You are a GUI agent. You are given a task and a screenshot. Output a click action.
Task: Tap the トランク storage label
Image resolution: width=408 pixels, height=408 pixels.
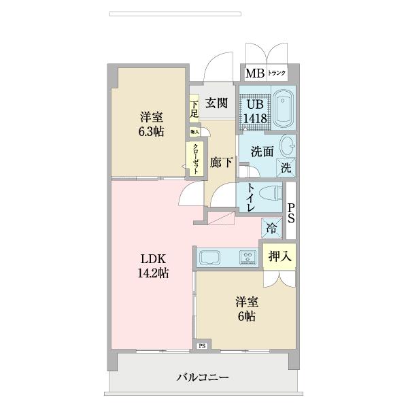(x=277, y=73)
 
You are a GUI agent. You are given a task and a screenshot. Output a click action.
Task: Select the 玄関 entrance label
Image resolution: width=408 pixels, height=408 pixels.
(x=216, y=103)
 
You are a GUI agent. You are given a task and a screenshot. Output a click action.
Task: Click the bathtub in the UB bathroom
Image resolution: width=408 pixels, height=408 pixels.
(x=282, y=108)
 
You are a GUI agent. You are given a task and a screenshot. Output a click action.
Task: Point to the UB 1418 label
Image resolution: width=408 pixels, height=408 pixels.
(x=256, y=112)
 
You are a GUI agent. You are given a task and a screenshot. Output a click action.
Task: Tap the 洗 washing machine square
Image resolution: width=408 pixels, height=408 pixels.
(x=286, y=167)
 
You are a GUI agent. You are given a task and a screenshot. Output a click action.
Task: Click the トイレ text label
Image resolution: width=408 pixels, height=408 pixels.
(x=252, y=198)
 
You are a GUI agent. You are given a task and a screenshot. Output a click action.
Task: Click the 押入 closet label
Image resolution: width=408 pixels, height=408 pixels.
(x=279, y=256)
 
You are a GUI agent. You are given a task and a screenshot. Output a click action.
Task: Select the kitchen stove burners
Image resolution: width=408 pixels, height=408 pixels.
(x=248, y=257)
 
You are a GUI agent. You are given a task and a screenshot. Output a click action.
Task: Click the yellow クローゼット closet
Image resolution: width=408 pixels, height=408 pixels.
(x=195, y=159)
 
